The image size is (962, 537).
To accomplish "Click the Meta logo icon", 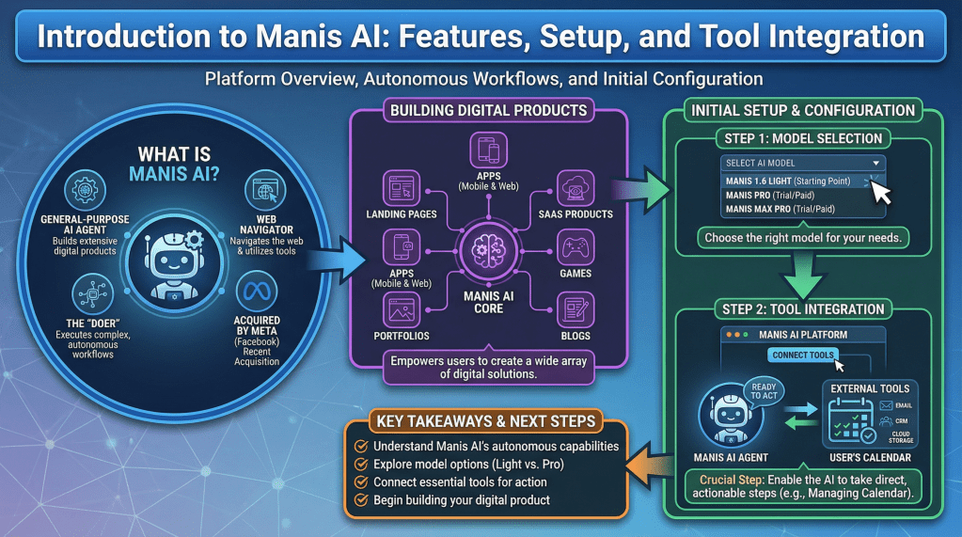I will click(257, 292).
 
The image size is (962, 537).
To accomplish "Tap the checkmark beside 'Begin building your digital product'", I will click(358, 499).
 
